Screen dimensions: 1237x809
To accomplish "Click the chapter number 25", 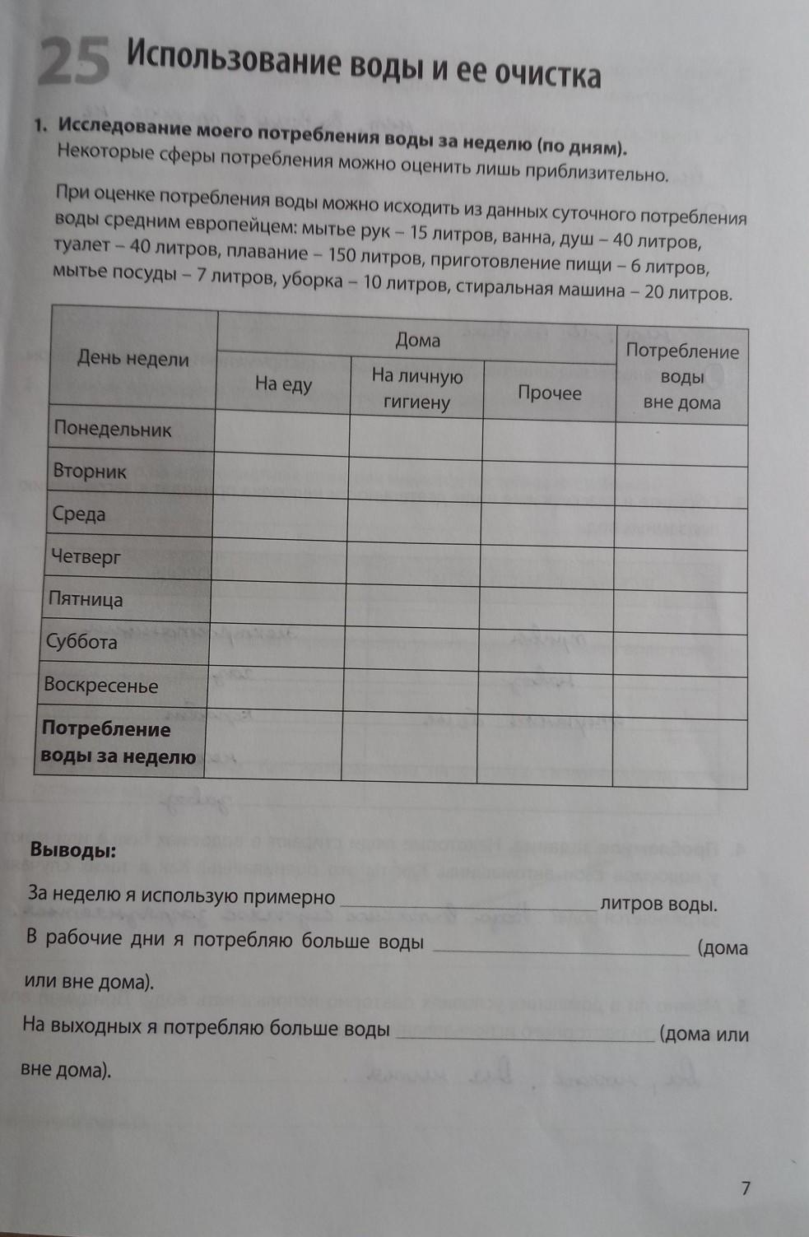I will (x=74, y=63).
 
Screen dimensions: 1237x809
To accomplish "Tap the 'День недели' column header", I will (x=133, y=358).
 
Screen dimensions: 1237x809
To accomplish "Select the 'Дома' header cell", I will (x=417, y=339).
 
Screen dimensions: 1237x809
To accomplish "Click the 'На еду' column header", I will (x=283, y=384).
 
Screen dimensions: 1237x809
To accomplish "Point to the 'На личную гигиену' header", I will (x=416, y=389).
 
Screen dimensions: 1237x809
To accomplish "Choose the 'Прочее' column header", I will (x=549, y=393).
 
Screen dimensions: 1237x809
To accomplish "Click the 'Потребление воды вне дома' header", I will (x=681, y=377).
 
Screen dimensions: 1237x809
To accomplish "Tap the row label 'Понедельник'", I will (x=113, y=429).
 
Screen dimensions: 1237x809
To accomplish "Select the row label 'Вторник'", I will (x=90, y=472).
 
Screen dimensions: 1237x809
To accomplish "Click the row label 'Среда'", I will (x=79, y=514).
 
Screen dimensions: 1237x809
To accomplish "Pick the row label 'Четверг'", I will (x=86, y=557).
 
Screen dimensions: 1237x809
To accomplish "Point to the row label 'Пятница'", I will (x=86, y=599).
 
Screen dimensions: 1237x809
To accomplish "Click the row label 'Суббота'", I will (x=81, y=642).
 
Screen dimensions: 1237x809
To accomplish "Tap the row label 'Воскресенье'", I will (x=100, y=686).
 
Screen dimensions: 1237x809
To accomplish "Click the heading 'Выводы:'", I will (x=73, y=849).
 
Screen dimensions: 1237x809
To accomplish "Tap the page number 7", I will (x=746, y=1188).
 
